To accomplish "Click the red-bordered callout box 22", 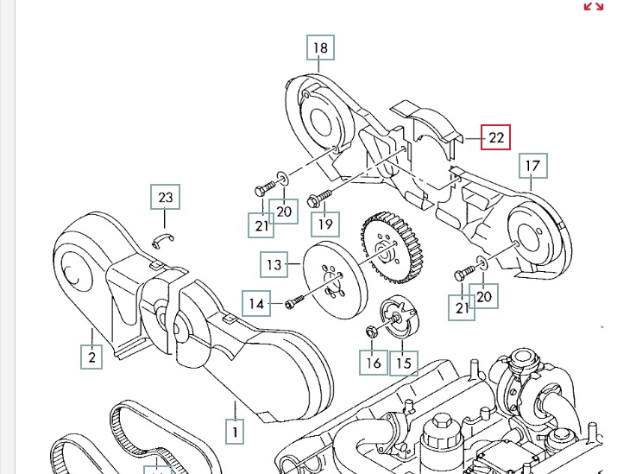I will [x=495, y=136].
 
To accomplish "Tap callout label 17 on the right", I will [x=532, y=165].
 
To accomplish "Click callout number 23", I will [x=166, y=198].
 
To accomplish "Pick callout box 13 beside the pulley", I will [x=274, y=264].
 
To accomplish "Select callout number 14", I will [x=256, y=303].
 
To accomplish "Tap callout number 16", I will [x=373, y=363].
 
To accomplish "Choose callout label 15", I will [x=403, y=363].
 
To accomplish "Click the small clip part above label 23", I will [x=164, y=238].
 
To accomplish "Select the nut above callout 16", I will [x=373, y=330].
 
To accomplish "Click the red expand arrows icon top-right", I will [x=593, y=7].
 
